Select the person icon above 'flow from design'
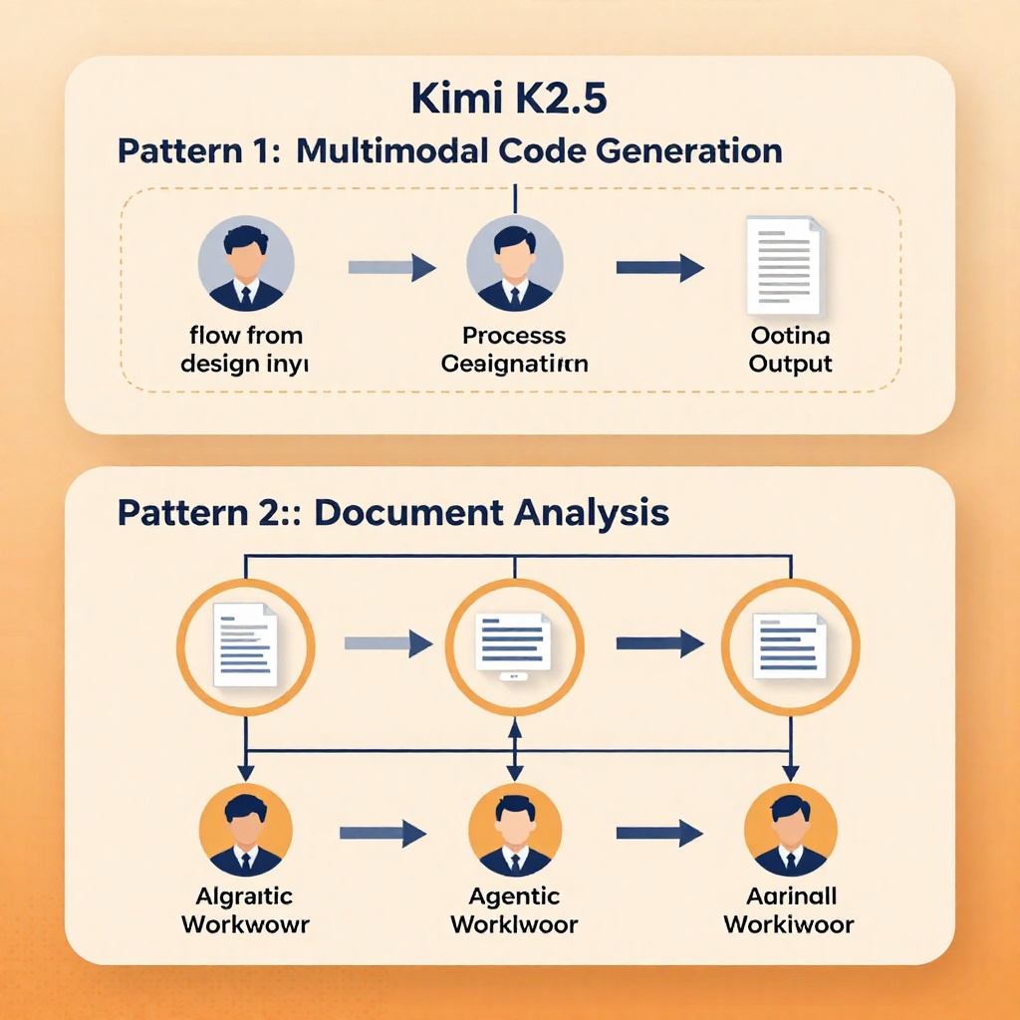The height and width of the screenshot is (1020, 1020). tap(246, 264)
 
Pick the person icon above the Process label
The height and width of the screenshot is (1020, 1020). tap(515, 264)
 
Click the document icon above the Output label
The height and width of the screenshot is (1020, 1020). tap(786, 265)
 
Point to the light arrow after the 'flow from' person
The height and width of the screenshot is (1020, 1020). tap(390, 267)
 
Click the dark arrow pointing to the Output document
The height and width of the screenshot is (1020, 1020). tap(659, 267)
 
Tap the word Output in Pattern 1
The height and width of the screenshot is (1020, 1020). tap(790, 363)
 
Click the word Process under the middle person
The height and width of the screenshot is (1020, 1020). tap(514, 336)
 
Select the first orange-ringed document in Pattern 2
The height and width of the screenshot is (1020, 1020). tap(246, 643)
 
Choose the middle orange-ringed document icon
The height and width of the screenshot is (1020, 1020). tap(514, 645)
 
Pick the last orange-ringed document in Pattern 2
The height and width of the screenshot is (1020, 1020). tap(790, 645)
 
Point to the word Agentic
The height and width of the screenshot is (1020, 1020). tap(513, 896)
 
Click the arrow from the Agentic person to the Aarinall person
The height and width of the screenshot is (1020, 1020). tap(659, 833)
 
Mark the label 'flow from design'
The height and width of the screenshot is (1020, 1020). tap(245, 350)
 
